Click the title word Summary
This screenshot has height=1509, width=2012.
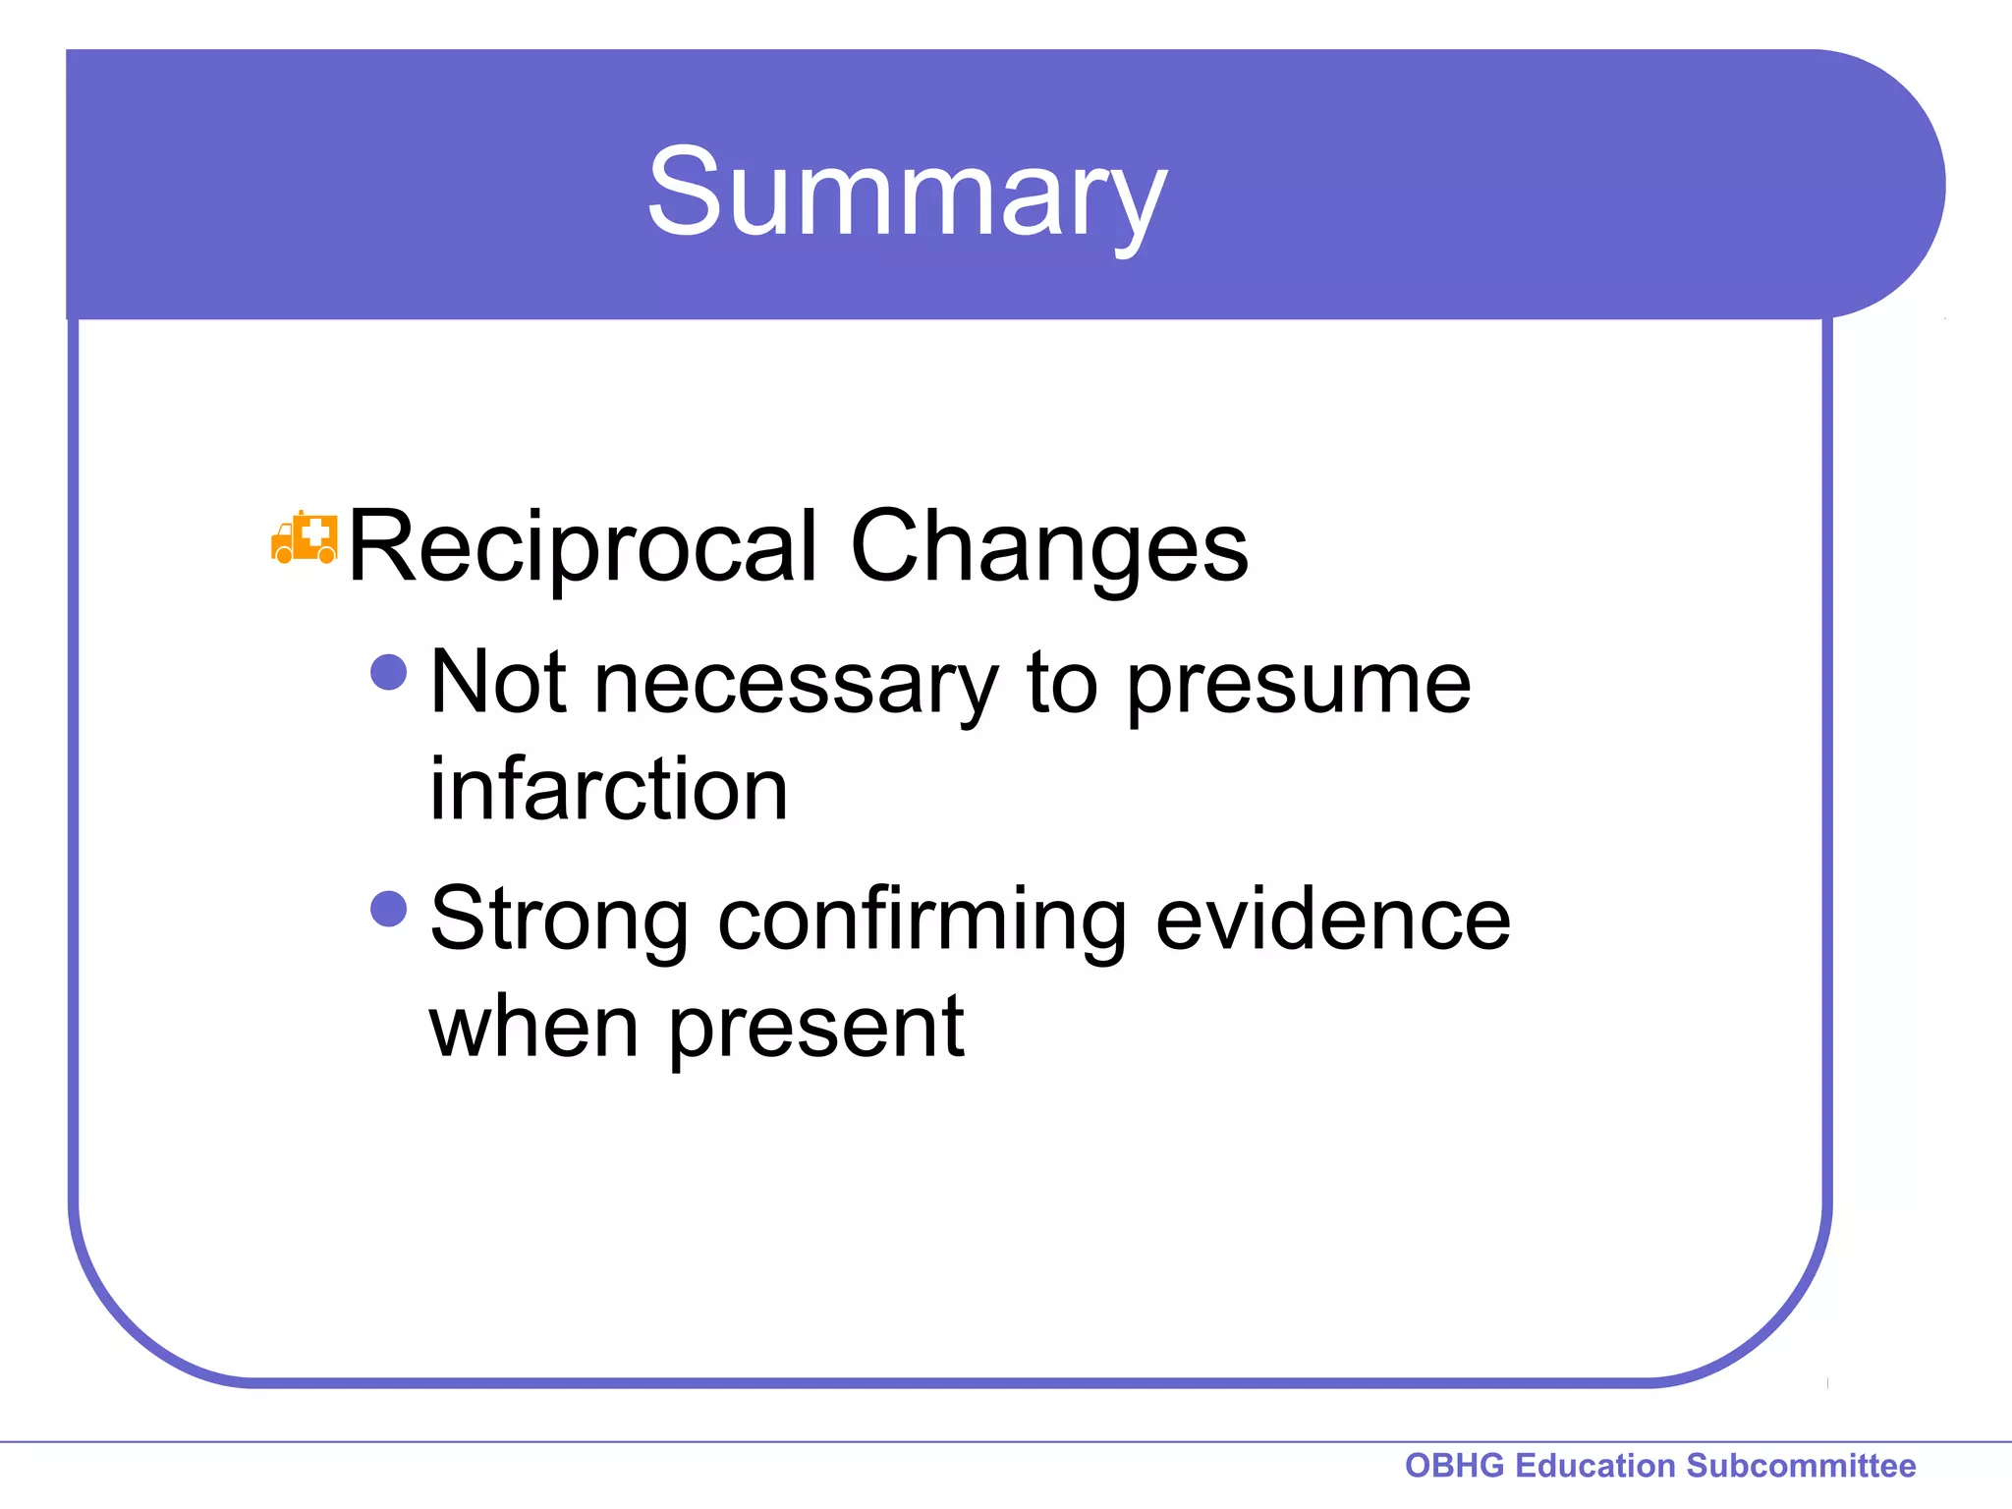pos(906,192)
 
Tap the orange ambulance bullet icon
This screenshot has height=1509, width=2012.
pos(304,538)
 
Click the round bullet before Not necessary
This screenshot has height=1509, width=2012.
pos(389,673)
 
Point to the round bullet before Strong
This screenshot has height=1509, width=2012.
pos(389,909)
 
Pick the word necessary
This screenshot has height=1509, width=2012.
pos(796,685)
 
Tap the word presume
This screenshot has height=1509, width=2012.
pos(1298,685)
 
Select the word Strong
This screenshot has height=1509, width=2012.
pos(559,921)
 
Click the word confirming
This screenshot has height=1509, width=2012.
pos(922,921)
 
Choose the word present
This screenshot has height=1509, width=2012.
pos(816,1030)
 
